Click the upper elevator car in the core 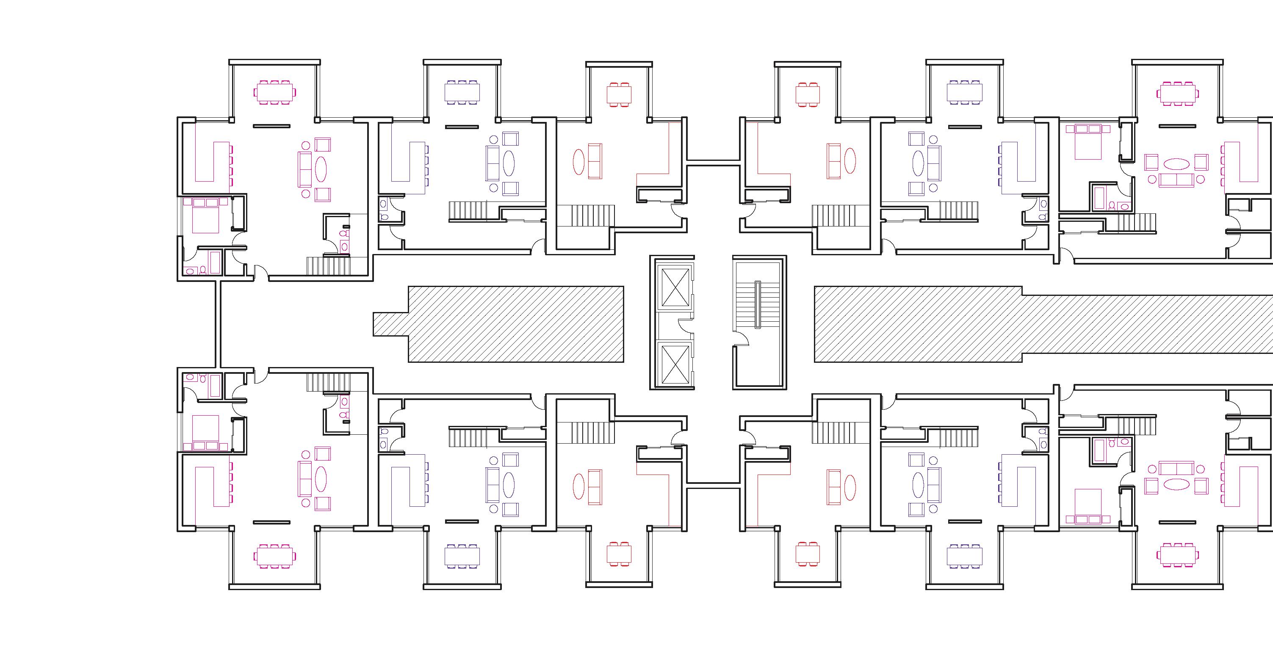(x=675, y=288)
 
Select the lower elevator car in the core (x=675, y=365)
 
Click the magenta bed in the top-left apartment (x=205, y=219)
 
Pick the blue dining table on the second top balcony (x=462, y=92)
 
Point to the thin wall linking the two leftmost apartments (x=217, y=324)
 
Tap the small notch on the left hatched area (x=390, y=324)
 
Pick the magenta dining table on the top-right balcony (x=1176, y=92)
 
